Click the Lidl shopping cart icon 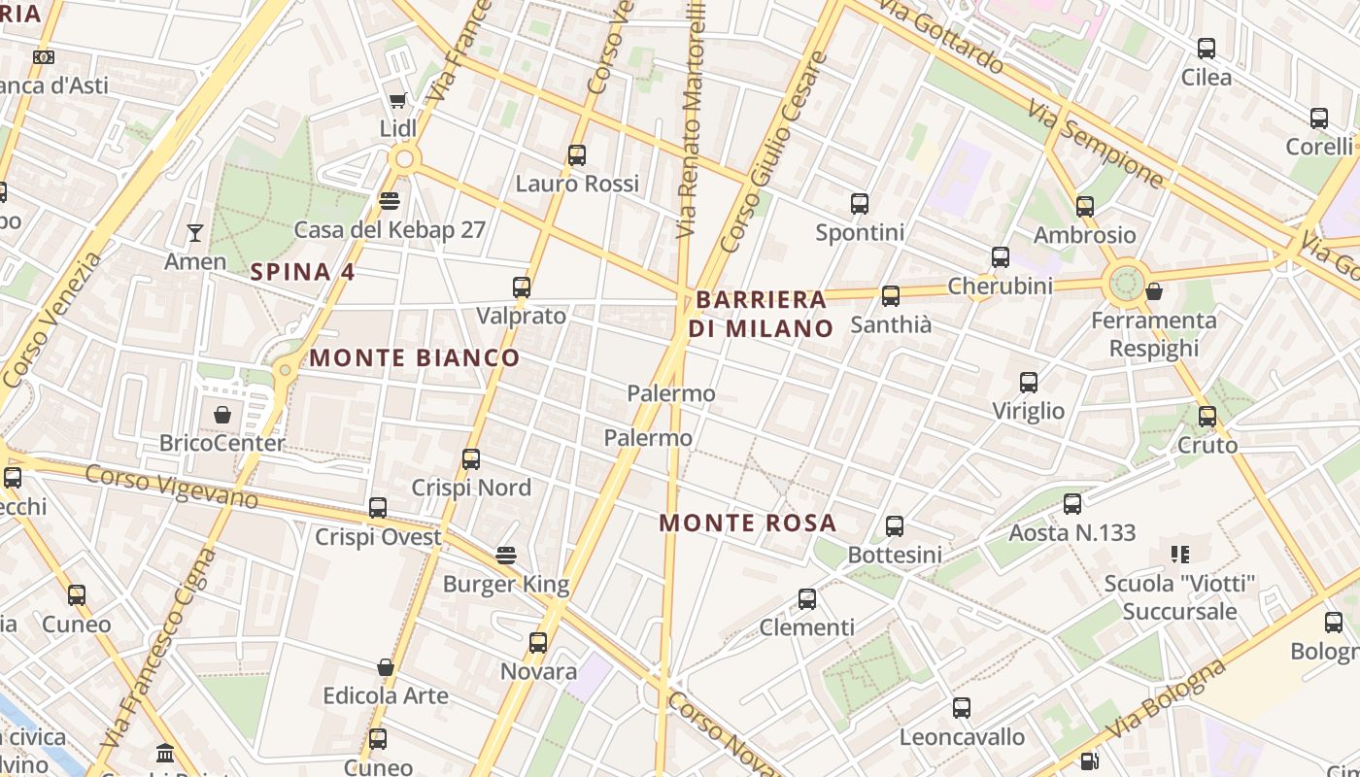tap(397, 100)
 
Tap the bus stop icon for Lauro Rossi tap(577, 154)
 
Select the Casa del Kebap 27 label tap(390, 230)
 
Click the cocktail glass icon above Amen tap(195, 233)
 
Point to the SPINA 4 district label tap(303, 272)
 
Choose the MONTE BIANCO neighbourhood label tap(415, 357)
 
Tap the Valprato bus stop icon tap(522, 287)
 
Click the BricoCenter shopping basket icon tap(222, 415)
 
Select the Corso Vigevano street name tap(172, 487)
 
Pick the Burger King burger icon tap(505, 556)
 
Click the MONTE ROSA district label tap(748, 523)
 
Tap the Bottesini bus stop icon tap(895, 526)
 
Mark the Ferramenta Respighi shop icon tap(1154, 291)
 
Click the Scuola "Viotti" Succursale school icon tap(1180, 555)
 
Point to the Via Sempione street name tap(1096, 146)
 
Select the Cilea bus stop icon tap(1207, 49)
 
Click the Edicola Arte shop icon tap(386, 667)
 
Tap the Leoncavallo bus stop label tap(962, 737)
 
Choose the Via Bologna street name tap(1166, 699)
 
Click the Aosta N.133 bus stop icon tap(1072, 504)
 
